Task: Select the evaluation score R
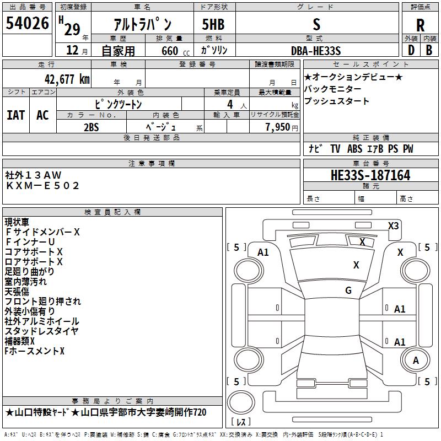(x=420, y=25)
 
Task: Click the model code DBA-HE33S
(x=316, y=51)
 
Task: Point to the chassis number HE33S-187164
(x=370, y=176)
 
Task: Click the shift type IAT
(x=15, y=115)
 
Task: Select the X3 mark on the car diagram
(x=393, y=225)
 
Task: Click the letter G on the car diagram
(x=348, y=291)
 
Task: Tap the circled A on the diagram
(x=416, y=361)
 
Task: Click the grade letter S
(x=316, y=24)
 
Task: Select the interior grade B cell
(x=429, y=50)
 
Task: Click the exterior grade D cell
(x=411, y=50)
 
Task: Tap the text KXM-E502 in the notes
(x=42, y=186)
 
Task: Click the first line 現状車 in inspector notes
(x=18, y=222)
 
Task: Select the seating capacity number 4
(x=229, y=104)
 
